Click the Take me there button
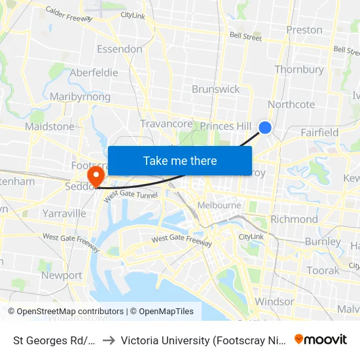click(x=180, y=161)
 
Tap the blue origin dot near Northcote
click(x=265, y=128)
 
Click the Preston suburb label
click(x=304, y=30)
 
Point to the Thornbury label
click(x=299, y=69)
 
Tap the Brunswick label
click(x=215, y=89)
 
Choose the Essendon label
click(x=119, y=49)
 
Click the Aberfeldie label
click(x=94, y=73)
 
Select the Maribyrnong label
click(x=80, y=97)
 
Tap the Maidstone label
click(x=50, y=126)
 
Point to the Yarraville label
click(x=63, y=213)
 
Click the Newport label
click(x=62, y=276)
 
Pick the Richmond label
click(x=294, y=219)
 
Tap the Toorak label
click(x=323, y=270)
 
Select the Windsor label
click(x=274, y=302)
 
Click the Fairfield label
click(x=319, y=133)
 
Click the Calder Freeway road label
click(x=69, y=13)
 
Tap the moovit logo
click(x=320, y=339)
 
